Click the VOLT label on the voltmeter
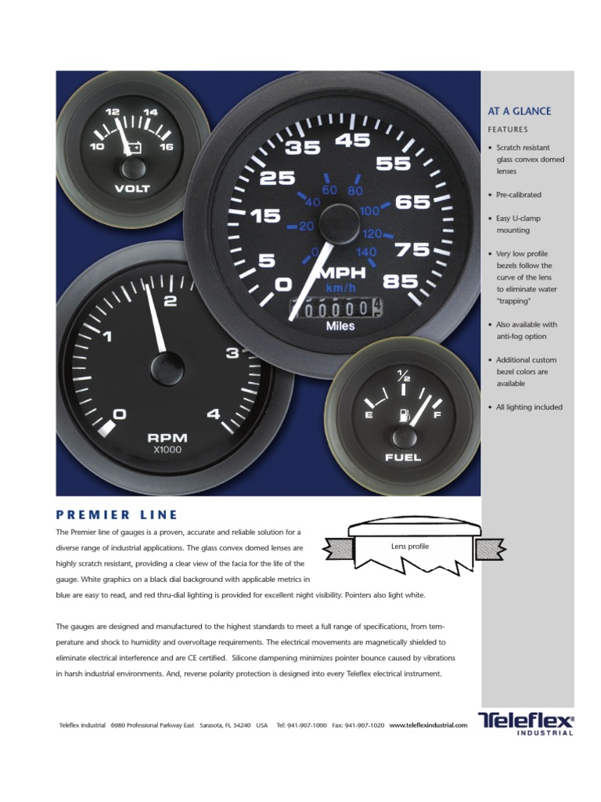[131, 188]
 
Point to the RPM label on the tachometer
[167, 438]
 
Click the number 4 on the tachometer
[214, 415]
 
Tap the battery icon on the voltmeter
[133, 147]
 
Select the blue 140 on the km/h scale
[366, 252]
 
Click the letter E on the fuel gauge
[369, 415]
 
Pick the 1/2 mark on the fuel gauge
[404, 375]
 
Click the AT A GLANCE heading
[519, 111]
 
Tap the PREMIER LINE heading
[117, 515]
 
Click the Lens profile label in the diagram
[410, 546]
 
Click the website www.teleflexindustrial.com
[427, 726]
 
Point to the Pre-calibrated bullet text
[519, 195]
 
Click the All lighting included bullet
[529, 407]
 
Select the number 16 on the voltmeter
[166, 146]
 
